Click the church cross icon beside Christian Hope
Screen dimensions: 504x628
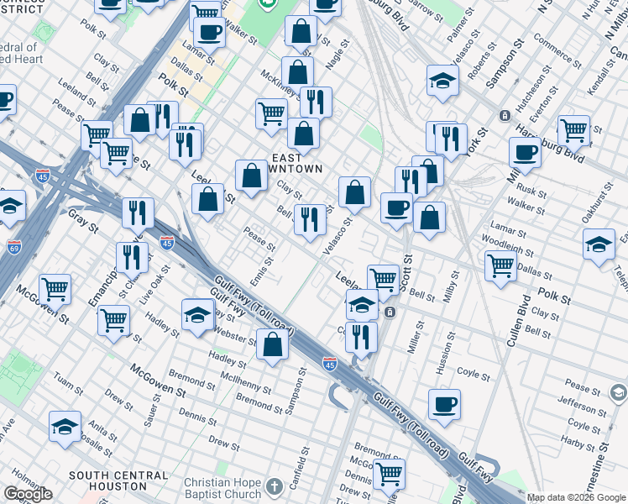[275, 486]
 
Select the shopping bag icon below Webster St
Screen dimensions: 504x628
[272, 345]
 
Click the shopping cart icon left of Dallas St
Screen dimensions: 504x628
[500, 266]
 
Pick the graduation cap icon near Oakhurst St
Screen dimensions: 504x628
[598, 245]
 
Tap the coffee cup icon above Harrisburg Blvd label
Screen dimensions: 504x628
[526, 154]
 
